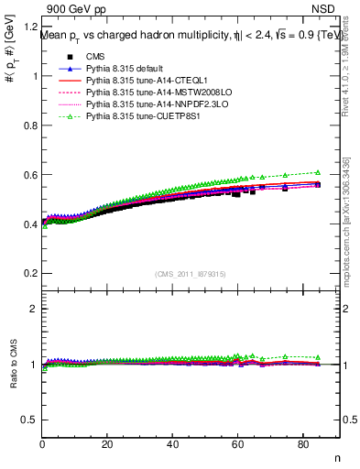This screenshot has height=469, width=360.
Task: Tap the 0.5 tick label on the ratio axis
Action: tap(31, 420)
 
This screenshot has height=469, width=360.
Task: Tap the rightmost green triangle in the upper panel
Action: tap(318, 172)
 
